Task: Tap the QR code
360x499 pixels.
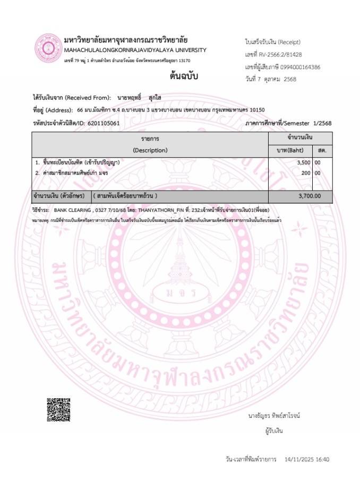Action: pos(58,409)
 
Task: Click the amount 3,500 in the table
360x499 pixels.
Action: pos(303,162)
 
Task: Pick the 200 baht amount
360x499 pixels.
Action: pos(306,173)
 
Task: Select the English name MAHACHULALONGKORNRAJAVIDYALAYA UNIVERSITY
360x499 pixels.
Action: pos(135,50)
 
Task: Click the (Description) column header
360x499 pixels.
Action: pos(150,150)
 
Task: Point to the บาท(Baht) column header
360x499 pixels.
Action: pos(290,150)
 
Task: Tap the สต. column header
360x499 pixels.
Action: pos(322,150)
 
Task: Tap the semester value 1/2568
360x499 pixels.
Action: pos(321,123)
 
